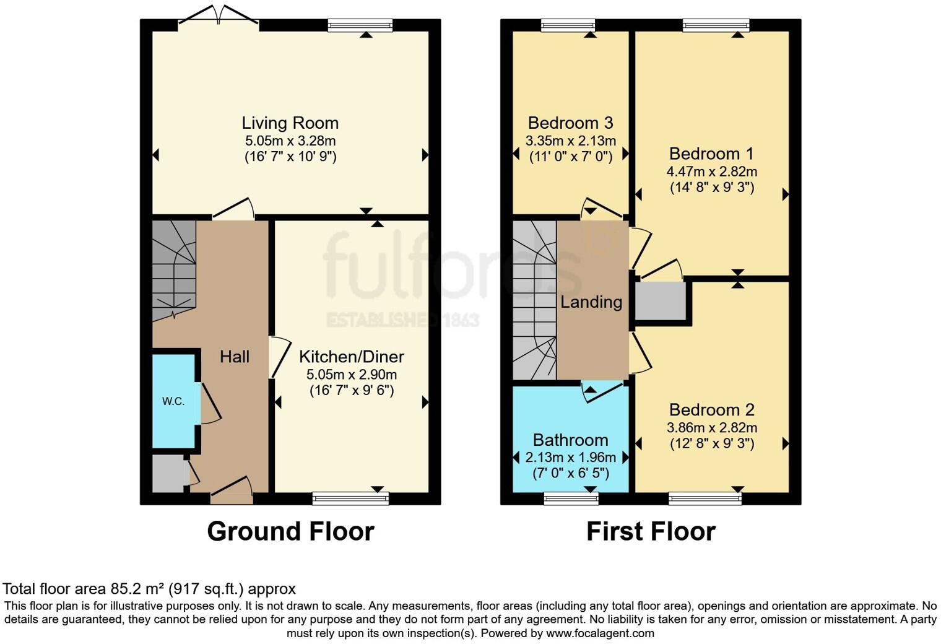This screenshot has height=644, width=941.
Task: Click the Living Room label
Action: click(x=290, y=123)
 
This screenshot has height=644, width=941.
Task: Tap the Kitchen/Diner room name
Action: click(x=351, y=357)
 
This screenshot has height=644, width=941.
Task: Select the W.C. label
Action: click(x=173, y=401)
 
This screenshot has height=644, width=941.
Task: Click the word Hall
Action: click(x=235, y=357)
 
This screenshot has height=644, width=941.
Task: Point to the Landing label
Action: click(x=591, y=302)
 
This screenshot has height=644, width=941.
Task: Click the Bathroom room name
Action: click(x=570, y=440)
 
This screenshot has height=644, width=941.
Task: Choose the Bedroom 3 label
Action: click(x=570, y=123)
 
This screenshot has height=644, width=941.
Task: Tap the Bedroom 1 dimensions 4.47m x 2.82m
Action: click(x=711, y=172)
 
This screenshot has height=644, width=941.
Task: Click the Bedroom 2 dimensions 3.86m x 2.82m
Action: click(x=711, y=427)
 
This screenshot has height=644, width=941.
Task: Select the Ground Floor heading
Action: click(x=290, y=531)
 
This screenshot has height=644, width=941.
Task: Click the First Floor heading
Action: click(x=651, y=531)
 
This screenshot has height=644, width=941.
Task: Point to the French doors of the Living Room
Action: click(x=218, y=19)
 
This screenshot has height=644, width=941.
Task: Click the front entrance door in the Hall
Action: click(x=232, y=489)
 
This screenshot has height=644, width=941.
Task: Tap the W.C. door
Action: click(x=209, y=404)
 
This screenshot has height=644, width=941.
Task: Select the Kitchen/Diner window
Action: click(x=350, y=497)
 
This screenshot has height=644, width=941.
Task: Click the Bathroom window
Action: click(x=571, y=497)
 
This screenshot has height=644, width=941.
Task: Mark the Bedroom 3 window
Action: click(x=567, y=25)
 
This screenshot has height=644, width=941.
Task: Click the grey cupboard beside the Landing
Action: click(x=661, y=302)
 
